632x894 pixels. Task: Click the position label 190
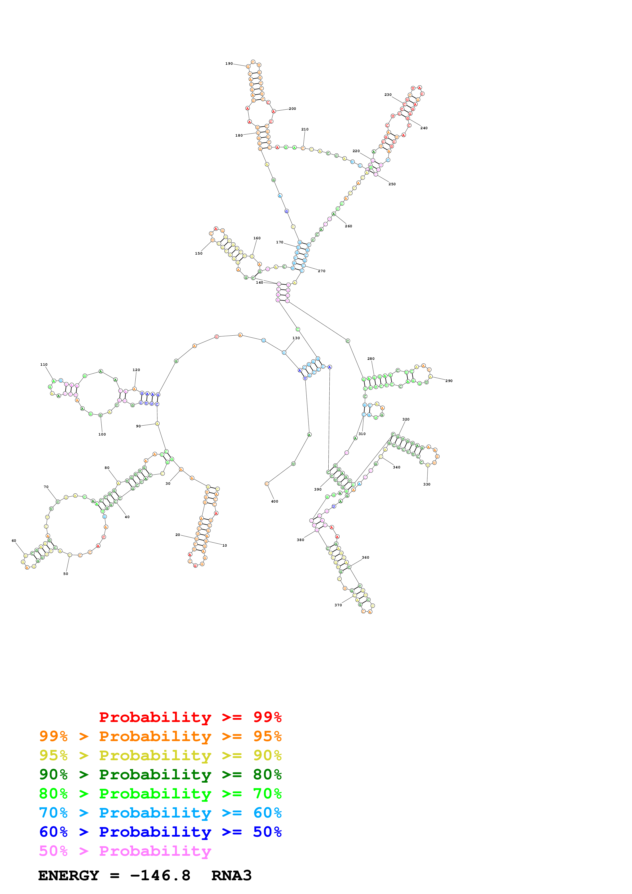(x=229, y=63)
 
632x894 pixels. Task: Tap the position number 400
(x=275, y=502)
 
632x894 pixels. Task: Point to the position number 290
(x=449, y=381)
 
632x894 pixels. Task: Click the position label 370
(x=338, y=605)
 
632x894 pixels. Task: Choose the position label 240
(x=424, y=128)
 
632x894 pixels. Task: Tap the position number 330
(x=427, y=484)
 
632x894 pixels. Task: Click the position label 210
(x=305, y=129)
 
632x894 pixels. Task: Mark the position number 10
(x=225, y=546)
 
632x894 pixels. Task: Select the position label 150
(x=199, y=254)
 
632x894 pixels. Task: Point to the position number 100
(x=102, y=435)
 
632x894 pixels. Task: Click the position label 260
(x=349, y=226)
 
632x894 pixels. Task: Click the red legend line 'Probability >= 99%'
(x=190, y=717)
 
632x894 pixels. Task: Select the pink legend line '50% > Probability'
(x=125, y=851)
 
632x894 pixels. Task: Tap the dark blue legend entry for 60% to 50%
(x=160, y=832)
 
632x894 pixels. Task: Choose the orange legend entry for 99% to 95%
(x=160, y=736)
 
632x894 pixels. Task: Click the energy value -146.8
(x=160, y=876)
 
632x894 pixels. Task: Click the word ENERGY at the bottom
(x=69, y=876)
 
